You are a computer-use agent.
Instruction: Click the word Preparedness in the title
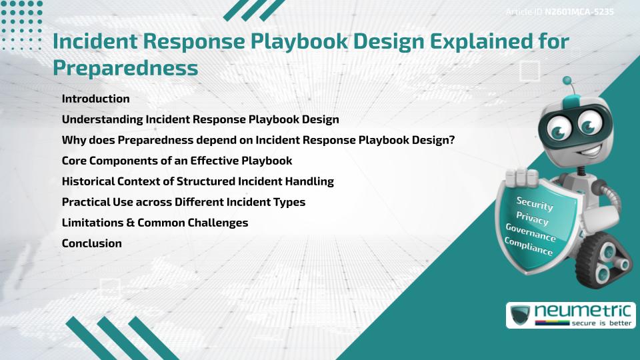pyautogui.click(x=125, y=67)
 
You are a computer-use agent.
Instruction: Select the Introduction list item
pyautogui.click(x=95, y=99)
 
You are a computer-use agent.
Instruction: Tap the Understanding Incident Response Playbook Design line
pyautogui.click(x=200, y=119)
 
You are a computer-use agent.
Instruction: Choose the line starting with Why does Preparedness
pyautogui.click(x=258, y=140)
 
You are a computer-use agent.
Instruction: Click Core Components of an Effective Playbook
pyautogui.click(x=177, y=161)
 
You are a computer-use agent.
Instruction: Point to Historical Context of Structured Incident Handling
pyautogui.click(x=197, y=181)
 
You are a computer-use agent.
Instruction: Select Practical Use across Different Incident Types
pyautogui.click(x=183, y=202)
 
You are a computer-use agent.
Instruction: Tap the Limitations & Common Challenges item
pyautogui.click(x=155, y=223)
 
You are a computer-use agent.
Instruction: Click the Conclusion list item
pyautogui.click(x=91, y=243)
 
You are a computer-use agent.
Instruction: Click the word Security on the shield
pyautogui.click(x=535, y=203)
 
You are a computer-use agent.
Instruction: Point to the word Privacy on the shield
pyautogui.click(x=532, y=218)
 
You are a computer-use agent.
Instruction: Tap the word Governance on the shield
pyautogui.click(x=531, y=233)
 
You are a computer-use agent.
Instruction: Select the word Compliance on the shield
pyautogui.click(x=529, y=247)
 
